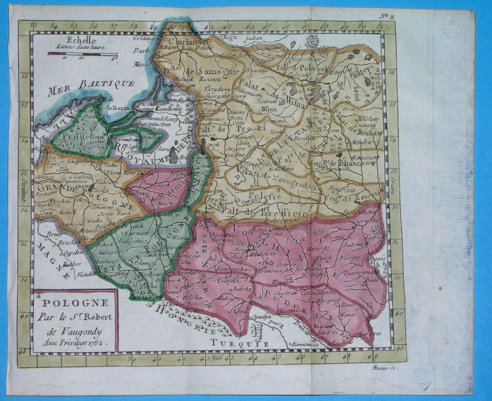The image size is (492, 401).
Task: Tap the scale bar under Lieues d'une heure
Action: click(83, 54)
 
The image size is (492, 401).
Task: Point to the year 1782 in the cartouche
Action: click(95, 344)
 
